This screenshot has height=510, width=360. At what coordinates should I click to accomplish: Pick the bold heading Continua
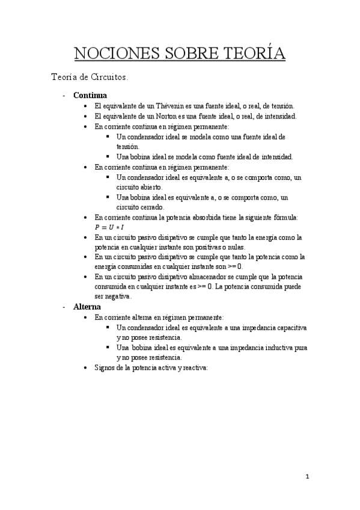click(x=90, y=95)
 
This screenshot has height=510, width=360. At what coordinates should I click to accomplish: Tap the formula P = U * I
click(x=109, y=227)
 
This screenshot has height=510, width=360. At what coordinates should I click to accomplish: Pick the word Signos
click(x=105, y=369)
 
